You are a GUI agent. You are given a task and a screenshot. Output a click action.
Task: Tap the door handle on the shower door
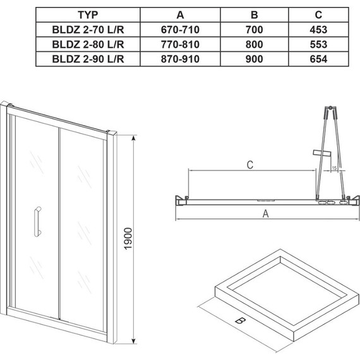point(37,220)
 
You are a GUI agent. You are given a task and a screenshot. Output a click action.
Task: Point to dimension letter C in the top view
point(250,165)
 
